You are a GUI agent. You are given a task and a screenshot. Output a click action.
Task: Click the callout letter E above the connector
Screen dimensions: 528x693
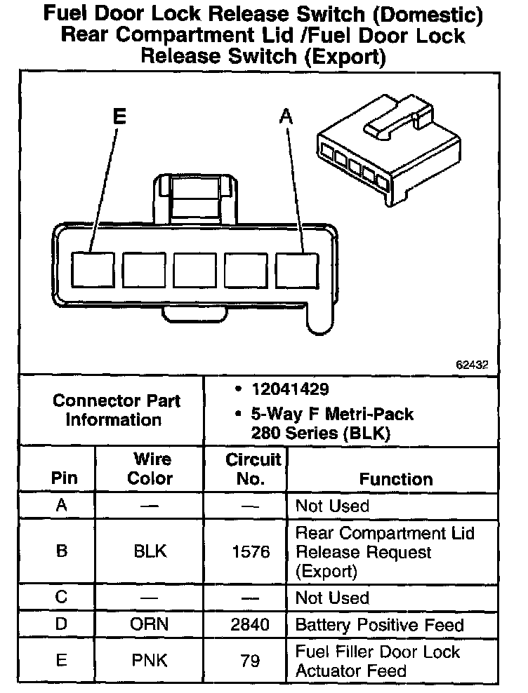[x=119, y=116]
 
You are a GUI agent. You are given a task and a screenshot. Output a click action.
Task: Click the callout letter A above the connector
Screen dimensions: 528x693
[x=286, y=116]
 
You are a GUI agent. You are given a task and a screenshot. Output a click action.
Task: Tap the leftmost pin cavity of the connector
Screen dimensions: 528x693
[x=94, y=270]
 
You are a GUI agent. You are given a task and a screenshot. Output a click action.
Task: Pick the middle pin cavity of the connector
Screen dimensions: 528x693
[x=195, y=270]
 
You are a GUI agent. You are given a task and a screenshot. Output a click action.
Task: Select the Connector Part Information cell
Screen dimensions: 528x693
[x=117, y=410]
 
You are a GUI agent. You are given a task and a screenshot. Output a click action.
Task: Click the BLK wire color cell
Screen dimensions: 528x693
[x=150, y=551]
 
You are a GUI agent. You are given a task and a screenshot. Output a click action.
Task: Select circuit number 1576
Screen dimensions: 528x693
[x=251, y=552]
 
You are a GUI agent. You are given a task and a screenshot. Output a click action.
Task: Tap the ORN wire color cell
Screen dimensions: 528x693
[x=150, y=624]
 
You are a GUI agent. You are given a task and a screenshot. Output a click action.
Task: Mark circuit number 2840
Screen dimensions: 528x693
[x=251, y=624]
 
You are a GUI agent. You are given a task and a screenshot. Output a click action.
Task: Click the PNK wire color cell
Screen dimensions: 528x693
[x=150, y=661]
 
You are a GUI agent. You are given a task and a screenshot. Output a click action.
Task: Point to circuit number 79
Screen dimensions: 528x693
[x=251, y=661]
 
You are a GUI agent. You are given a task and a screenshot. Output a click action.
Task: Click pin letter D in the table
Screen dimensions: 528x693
[x=62, y=624]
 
